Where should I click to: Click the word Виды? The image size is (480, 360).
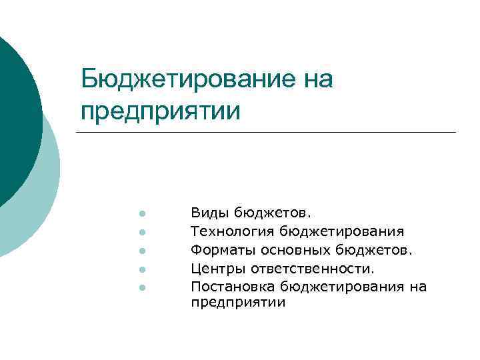tap(209, 213)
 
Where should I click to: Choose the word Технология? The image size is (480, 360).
tap(233, 232)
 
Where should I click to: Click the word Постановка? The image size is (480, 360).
tap(233, 287)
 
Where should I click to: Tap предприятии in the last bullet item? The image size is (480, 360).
tap(238, 303)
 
